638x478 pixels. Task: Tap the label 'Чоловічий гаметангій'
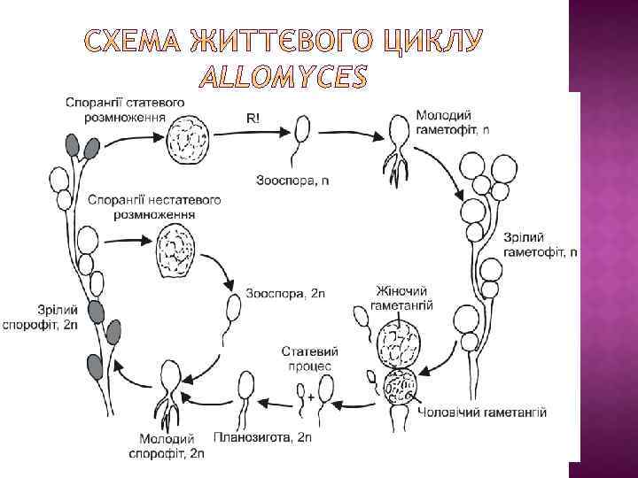tap(481, 412)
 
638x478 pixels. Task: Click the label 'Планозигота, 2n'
tap(263, 437)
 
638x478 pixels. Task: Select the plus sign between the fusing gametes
tap(310, 397)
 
